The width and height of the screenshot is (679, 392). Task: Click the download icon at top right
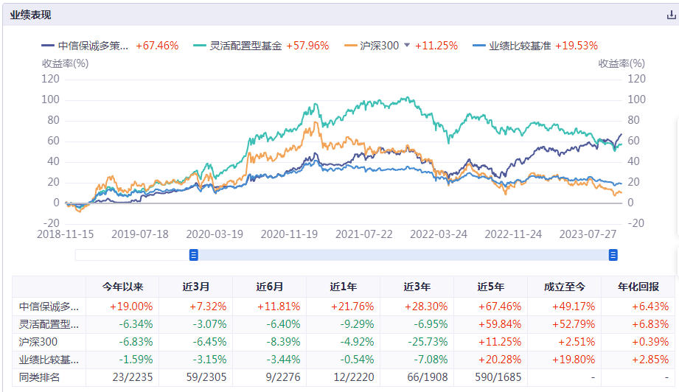click(671, 15)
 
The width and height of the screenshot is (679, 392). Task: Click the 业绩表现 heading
click(31, 15)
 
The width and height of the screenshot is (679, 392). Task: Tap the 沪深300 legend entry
click(379, 46)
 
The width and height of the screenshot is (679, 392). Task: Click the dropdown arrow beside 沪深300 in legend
click(406, 46)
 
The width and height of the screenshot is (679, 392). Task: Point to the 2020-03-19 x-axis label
click(215, 234)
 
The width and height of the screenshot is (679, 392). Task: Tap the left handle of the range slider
click(194, 255)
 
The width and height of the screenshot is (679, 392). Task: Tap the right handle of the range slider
click(613, 255)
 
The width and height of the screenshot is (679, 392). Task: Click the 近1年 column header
click(343, 287)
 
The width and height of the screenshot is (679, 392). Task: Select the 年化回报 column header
click(638, 287)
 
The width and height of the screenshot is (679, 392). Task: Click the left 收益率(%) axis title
click(65, 63)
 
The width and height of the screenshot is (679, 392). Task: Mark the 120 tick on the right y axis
click(636, 79)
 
